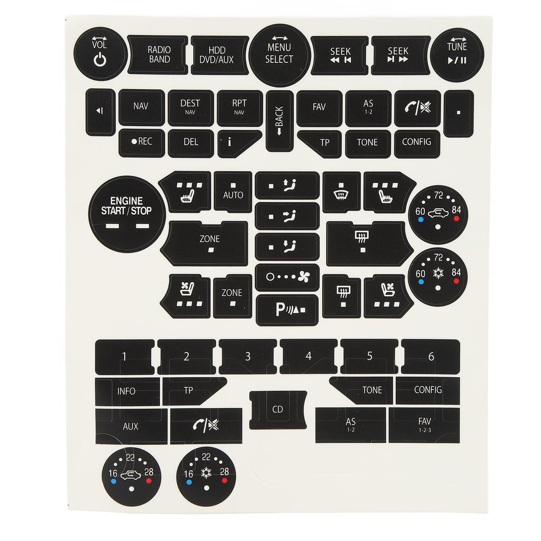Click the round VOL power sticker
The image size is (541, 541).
(100, 54)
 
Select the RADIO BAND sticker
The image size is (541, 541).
(158, 55)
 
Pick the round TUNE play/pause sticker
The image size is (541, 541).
(457, 54)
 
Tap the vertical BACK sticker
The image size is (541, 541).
(279, 121)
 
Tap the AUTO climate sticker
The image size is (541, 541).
(233, 192)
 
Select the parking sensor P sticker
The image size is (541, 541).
(287, 310)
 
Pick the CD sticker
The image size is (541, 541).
(278, 409)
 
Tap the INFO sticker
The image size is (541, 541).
(127, 391)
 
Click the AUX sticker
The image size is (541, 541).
(130, 426)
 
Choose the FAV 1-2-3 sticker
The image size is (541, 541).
(424, 425)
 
